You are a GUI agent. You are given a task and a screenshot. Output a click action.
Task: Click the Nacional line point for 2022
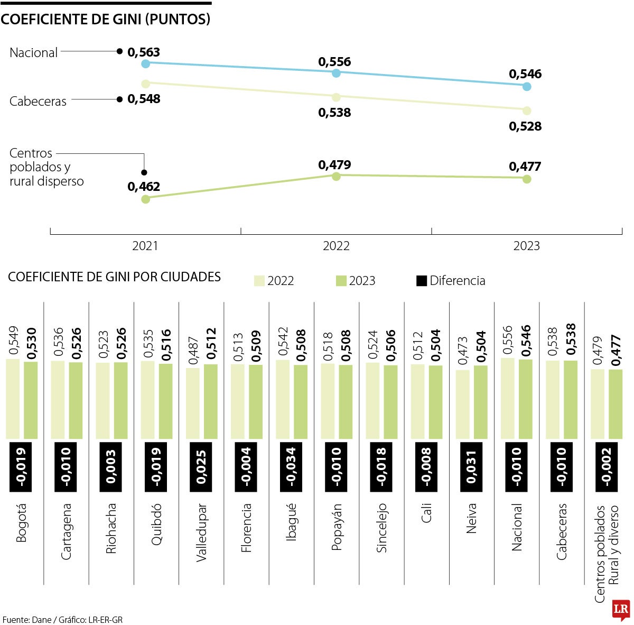[336, 73]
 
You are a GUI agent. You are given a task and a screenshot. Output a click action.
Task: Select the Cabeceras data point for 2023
[526, 111]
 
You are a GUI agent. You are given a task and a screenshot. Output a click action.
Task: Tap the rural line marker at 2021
[146, 199]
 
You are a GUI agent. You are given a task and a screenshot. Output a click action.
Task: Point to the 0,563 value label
[144, 52]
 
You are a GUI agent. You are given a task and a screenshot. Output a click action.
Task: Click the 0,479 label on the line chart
[334, 164]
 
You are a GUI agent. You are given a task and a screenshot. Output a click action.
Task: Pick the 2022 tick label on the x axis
[336, 246]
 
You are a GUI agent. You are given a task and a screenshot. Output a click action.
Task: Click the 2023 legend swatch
[341, 281]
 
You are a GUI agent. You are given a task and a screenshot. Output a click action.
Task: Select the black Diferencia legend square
[421, 281]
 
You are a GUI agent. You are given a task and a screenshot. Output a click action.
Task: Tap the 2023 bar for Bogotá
[31, 400]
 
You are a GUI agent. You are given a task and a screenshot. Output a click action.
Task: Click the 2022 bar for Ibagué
[283, 399]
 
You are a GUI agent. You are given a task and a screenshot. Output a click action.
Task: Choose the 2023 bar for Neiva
[481, 402]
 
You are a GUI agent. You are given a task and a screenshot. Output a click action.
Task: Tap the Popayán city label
[337, 527]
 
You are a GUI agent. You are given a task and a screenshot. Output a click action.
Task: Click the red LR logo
[621, 610]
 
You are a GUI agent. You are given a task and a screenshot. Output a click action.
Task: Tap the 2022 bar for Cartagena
[58, 399]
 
